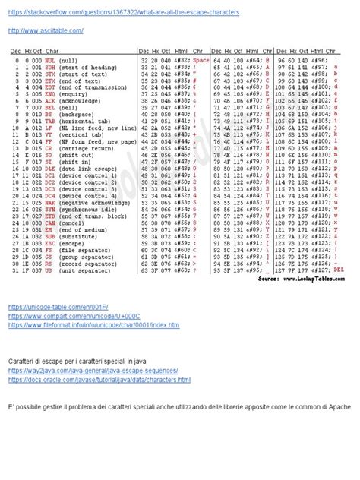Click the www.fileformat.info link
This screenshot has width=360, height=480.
pyautogui.click(x=94, y=325)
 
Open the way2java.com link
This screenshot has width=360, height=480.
pyautogui.click(x=94, y=371)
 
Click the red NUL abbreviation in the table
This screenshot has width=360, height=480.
pyautogui.click(x=49, y=59)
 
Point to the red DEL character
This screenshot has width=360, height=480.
pyautogui.click(x=339, y=269)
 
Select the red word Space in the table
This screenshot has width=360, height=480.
pyautogui.click(x=201, y=59)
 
